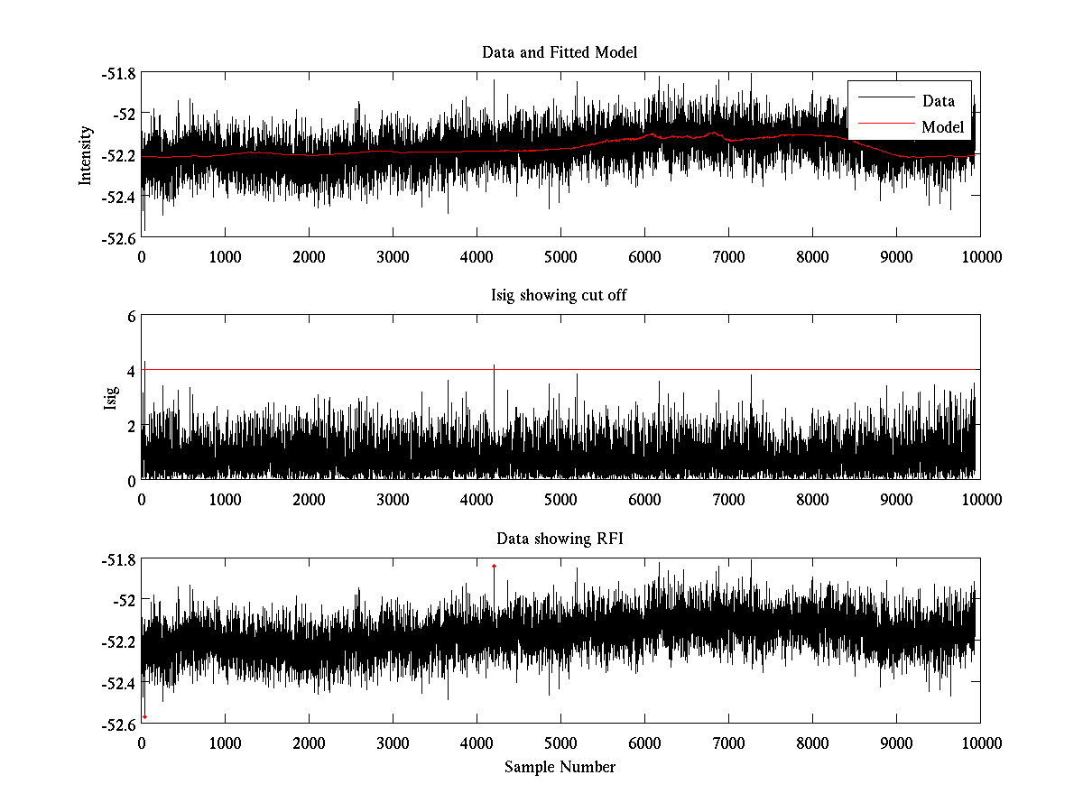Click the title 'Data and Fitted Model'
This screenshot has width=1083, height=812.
560,52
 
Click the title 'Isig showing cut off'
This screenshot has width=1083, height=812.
560,295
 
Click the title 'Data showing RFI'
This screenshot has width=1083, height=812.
560,539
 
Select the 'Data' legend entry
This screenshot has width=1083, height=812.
938,101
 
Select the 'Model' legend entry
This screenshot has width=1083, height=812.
942,127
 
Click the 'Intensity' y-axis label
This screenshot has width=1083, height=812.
86,155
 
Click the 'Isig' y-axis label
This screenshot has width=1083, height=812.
111,398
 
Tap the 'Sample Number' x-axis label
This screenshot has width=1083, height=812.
560,767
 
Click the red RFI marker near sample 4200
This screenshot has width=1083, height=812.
495,566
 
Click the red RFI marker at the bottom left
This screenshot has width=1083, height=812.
144,716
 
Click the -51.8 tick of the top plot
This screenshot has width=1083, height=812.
120,73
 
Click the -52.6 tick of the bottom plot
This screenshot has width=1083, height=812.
120,724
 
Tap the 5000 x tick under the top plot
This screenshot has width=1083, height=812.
560,256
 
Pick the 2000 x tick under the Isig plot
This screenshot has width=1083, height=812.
309,499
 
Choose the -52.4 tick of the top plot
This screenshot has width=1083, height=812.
120,197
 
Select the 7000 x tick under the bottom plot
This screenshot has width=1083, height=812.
728,743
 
